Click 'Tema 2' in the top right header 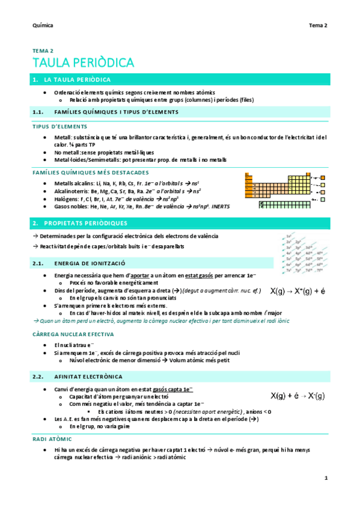[318, 25]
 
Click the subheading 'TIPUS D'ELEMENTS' [59, 127]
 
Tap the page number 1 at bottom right [325, 478]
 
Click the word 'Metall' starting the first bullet [63, 137]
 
